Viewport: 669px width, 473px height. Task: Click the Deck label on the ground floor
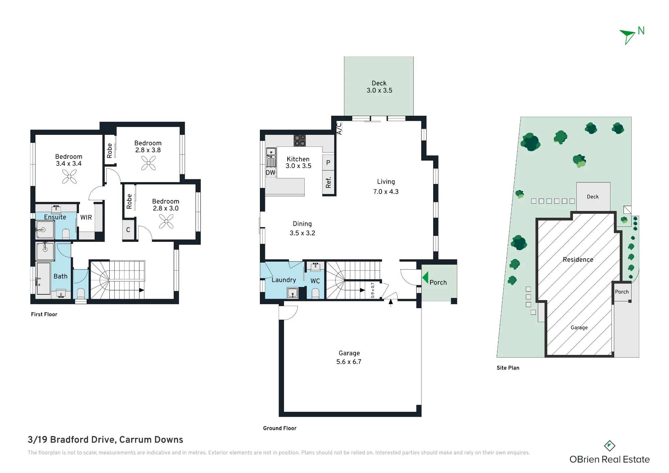(x=379, y=83)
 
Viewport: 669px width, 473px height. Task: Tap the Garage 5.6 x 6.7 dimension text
(x=349, y=362)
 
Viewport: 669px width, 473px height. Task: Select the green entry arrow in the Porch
(x=425, y=278)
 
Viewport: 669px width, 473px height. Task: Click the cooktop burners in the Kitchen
(x=299, y=140)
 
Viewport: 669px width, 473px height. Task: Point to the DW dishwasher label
(x=270, y=173)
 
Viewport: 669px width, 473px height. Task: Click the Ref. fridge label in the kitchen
(x=328, y=183)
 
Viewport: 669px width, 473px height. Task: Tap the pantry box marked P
(x=328, y=163)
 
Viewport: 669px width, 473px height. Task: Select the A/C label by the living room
(x=339, y=128)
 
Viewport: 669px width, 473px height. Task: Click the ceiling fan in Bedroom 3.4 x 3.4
(x=69, y=177)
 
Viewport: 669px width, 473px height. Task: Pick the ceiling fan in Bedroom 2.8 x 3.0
(x=166, y=221)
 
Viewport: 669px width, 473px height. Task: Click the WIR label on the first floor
(x=86, y=217)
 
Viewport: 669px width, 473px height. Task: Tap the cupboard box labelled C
(x=128, y=229)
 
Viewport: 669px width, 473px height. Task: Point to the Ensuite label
(x=55, y=217)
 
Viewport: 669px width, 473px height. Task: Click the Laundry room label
(x=284, y=280)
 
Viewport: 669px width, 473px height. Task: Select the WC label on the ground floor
(x=315, y=281)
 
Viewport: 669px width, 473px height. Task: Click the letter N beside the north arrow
(x=641, y=31)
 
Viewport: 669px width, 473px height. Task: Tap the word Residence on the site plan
(x=578, y=260)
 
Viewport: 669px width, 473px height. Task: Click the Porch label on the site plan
(x=622, y=292)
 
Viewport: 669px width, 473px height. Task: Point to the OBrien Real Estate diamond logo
(x=609, y=446)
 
